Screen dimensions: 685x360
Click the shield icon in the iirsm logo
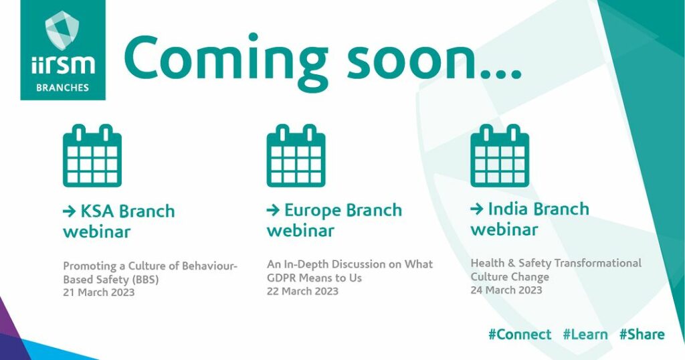pos(62,30)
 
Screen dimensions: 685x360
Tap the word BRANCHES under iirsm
pos(62,88)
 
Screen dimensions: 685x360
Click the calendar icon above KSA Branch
pos(92,155)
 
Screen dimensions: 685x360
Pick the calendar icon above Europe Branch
pos(296,155)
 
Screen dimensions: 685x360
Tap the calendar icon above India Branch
pos(500,155)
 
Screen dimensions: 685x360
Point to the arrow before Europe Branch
pos(273,211)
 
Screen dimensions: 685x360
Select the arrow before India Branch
pos(476,209)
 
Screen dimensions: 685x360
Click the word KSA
pos(98,211)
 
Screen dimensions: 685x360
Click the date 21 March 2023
pos(99,292)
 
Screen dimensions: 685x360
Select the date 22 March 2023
pos(302,291)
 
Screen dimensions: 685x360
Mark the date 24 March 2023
pos(506,290)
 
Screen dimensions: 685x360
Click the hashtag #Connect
pos(520,335)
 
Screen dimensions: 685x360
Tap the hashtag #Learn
pos(585,335)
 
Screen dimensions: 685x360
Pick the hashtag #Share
pos(642,335)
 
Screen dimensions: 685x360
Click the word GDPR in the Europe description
pos(280,278)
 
